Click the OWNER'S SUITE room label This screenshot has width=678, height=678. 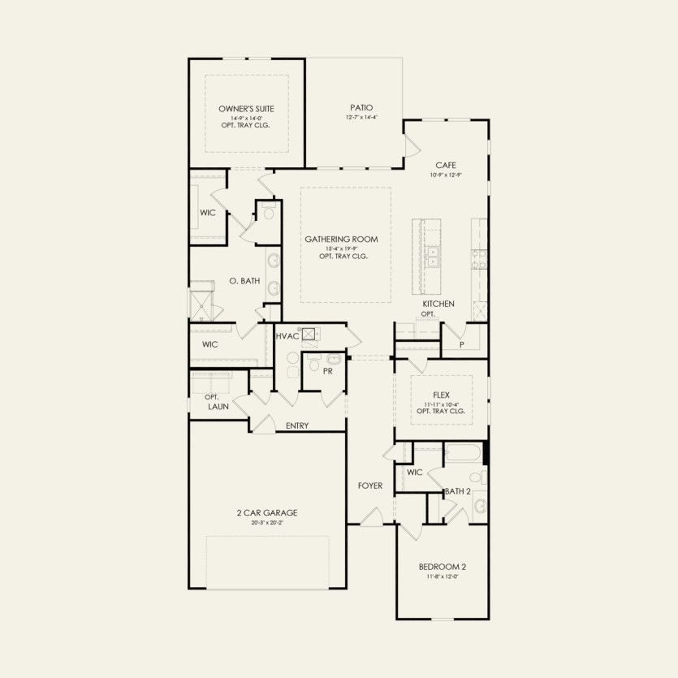tap(246, 108)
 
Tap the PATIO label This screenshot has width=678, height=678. tap(361, 107)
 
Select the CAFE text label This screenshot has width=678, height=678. tap(446, 165)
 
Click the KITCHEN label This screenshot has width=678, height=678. tap(438, 304)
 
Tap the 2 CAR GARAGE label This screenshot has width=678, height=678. tap(268, 512)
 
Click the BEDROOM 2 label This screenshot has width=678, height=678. tap(443, 567)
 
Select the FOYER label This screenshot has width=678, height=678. tap(370, 486)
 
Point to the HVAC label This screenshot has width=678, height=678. tap(287, 335)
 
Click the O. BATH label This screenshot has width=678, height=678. tap(244, 281)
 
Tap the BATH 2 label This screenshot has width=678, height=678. tap(457, 491)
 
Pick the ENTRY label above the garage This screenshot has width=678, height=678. tap(297, 425)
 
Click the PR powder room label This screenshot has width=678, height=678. tap(327, 371)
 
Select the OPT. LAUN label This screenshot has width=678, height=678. tap(217, 401)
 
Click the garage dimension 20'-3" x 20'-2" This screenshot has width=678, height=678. tap(268, 523)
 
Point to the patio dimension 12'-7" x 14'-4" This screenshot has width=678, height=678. tap(361, 118)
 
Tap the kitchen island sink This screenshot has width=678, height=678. tap(433, 257)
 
